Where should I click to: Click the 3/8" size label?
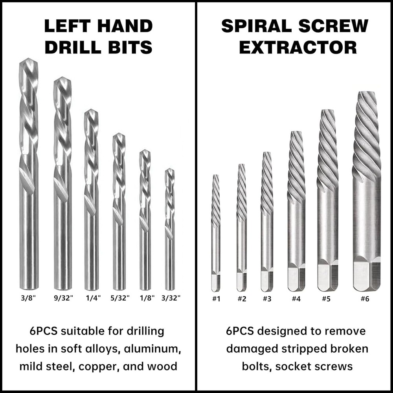(28, 298)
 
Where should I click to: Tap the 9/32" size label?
(63, 298)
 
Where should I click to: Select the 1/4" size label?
(93, 298)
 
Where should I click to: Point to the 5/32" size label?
(120, 298)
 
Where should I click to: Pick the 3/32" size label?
(171, 298)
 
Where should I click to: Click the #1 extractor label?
(216, 299)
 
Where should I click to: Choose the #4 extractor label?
(296, 299)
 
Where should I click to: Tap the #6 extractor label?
(365, 299)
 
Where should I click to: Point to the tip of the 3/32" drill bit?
(170, 169)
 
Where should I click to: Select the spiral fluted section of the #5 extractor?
(327, 151)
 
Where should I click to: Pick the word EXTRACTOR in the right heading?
(298, 48)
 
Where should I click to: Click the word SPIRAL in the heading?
(257, 26)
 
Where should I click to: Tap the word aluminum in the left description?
(152, 349)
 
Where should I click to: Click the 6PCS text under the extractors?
(240, 331)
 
